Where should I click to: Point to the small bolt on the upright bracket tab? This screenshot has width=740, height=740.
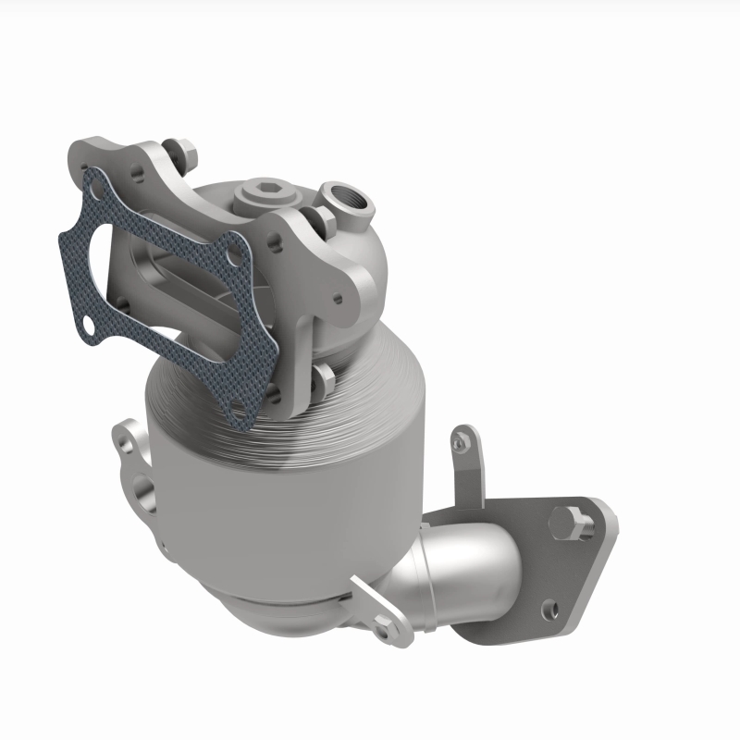[458, 446]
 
